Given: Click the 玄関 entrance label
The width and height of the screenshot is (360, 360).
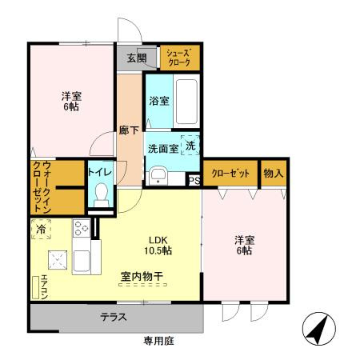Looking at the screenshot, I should point(136,58).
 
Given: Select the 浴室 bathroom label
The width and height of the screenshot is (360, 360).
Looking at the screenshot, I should point(158,101).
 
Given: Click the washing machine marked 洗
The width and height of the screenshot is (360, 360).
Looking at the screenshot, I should point(190,146).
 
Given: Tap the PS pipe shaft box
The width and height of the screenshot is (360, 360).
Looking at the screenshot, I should point(194,180).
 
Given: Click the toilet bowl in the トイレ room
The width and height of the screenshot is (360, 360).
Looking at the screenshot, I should point(101,194).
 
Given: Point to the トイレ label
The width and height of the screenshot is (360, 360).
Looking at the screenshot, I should point(99,172).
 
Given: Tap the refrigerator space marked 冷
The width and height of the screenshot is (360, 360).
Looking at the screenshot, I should point(41,230).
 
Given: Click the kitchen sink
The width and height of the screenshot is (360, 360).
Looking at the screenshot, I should point(81,261).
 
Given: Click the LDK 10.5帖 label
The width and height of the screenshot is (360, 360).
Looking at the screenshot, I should point(158,244).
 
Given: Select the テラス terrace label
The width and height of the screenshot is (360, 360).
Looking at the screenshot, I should point(114,317).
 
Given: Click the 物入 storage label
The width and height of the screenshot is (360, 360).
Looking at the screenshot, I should point(274,173).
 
